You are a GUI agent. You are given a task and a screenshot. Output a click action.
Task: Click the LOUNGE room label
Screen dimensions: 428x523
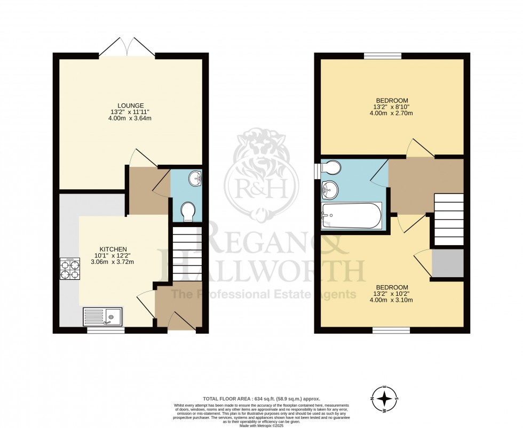click(131, 105)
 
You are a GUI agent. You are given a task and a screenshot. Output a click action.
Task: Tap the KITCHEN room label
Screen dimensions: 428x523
click(112, 249)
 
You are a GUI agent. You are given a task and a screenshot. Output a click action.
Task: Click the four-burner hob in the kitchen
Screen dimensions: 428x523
click(70, 269)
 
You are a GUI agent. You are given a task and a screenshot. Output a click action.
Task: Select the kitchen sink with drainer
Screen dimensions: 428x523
click(102, 316)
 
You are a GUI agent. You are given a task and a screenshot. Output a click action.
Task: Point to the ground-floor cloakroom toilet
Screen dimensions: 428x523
click(188, 212)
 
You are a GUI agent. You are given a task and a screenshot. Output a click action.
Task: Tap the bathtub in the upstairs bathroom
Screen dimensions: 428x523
click(351, 215)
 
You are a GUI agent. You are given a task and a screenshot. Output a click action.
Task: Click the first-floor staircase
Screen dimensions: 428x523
click(448, 219)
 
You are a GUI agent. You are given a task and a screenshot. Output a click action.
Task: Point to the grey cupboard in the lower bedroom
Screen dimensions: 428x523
click(447, 263)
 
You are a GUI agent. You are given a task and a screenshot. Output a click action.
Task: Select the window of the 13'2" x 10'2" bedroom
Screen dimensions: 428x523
click(391, 330)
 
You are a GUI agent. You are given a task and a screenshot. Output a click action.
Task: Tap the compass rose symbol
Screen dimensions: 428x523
click(384, 398)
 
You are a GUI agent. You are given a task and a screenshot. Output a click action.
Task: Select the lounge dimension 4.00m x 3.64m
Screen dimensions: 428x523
click(131, 118)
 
